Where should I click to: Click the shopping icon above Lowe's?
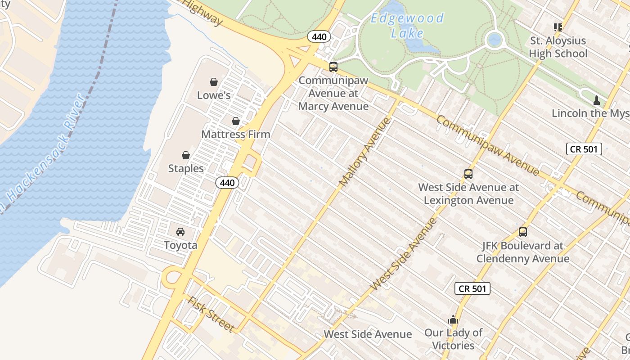[214, 82]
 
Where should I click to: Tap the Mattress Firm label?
[236, 134]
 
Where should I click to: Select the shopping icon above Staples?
[185, 155]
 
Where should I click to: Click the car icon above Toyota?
[180, 232]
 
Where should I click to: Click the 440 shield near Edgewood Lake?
[319, 37]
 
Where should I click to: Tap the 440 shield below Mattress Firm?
[227, 183]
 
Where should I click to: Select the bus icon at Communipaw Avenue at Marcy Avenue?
[333, 67]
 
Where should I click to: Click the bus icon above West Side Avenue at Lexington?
[468, 174]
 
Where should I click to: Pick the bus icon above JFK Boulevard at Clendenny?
[522, 232]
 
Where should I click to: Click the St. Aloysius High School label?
[558, 47]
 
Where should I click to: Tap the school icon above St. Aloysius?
[558, 27]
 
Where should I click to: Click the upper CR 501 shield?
[584, 149]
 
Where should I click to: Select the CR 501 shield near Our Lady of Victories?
[472, 288]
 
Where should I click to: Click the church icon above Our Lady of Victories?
[453, 320]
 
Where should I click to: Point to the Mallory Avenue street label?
[365, 152]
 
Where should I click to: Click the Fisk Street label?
[211, 314]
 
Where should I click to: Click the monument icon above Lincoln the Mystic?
[597, 100]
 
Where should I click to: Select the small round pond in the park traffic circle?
[495, 40]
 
